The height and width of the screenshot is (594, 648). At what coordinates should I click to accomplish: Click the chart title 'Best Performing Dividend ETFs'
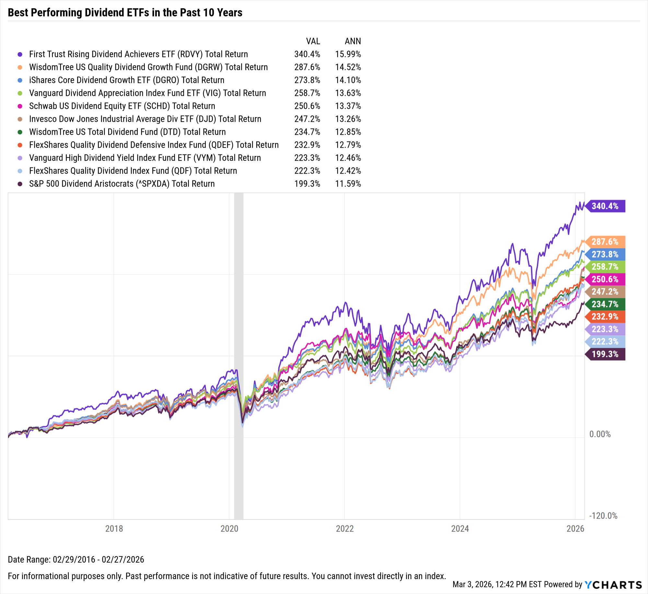point(125,13)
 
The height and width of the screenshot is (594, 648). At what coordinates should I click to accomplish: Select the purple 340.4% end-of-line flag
point(605,206)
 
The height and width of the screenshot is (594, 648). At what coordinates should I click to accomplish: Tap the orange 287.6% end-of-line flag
point(605,242)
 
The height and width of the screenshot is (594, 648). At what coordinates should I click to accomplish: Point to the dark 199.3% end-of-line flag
point(605,354)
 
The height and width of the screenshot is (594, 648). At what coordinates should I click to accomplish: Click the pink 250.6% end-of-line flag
point(605,279)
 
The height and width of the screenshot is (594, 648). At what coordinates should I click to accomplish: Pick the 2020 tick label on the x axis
point(229,529)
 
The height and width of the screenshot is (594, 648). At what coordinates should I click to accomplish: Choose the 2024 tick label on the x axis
point(460,529)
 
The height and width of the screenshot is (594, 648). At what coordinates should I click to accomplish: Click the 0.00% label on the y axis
point(600,434)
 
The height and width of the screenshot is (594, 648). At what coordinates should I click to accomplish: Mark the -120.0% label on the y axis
point(603,516)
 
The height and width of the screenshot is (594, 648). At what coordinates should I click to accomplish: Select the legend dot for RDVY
point(20,54)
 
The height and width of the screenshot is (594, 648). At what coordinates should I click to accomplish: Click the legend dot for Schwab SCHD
point(20,106)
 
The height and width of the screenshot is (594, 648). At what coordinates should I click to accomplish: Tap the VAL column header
point(313,41)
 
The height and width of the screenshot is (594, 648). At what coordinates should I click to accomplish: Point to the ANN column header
point(353,41)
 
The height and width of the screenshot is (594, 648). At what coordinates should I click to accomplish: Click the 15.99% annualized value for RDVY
point(348,54)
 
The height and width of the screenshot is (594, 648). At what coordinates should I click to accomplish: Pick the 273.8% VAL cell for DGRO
point(307,80)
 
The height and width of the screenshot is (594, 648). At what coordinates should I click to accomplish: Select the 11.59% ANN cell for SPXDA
point(348,184)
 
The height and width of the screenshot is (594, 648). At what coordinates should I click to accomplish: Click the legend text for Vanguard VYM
point(145,158)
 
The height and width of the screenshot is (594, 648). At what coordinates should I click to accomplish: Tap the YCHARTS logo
point(613,585)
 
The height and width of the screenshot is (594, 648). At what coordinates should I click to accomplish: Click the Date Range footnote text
point(76,559)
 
